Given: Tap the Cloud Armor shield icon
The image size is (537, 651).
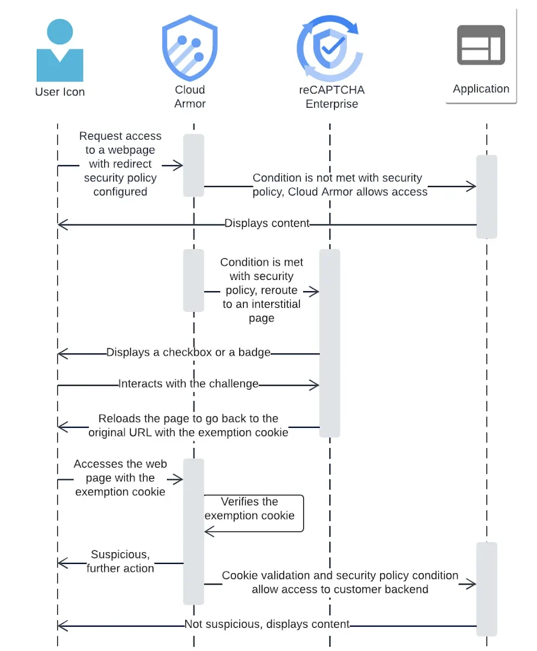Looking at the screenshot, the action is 190,48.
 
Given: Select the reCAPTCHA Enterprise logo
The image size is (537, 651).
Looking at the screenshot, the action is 330,48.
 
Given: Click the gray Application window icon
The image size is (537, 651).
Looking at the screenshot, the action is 481,45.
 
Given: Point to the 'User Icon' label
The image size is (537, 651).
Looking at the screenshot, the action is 60,92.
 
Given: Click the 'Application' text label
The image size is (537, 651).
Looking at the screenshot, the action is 481,89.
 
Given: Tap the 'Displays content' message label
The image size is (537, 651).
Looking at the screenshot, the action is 267,223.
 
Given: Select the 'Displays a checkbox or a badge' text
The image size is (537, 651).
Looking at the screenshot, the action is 188,353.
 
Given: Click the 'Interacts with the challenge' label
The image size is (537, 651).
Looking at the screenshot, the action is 188,383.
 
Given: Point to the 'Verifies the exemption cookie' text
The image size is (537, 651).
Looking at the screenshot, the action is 250,508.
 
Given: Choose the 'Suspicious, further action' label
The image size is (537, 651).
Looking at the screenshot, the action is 120,561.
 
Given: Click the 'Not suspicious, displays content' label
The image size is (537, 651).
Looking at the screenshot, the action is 267,624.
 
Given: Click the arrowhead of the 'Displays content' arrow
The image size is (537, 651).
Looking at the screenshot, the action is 62,225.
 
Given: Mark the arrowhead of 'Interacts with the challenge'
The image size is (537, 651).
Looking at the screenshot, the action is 314,385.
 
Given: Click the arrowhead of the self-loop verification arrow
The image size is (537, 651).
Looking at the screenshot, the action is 210,531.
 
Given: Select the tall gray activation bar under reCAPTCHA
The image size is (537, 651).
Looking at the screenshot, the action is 330,343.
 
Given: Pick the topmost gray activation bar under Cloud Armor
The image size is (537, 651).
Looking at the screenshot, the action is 194,165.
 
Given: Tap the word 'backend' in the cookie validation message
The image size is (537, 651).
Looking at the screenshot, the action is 404,589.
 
